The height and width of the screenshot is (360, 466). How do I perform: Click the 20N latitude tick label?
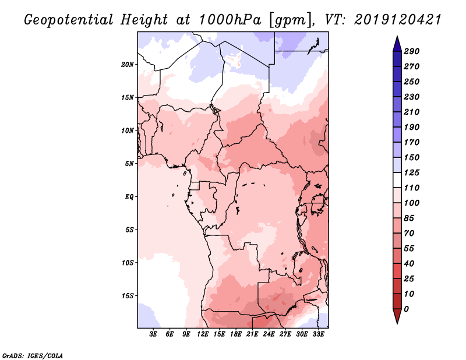tap(128, 64)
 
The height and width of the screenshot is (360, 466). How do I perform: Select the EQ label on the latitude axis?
tap(129, 196)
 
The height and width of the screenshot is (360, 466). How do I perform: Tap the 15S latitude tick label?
tap(128, 295)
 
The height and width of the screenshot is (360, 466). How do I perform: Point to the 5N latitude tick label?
tap(129, 163)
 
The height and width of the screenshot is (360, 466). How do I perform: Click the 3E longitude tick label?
tap(154, 334)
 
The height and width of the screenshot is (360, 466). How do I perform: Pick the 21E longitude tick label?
tap(252, 334)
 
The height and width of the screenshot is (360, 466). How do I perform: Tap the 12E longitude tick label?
tap(203, 334)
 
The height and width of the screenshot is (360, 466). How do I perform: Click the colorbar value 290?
tap(412, 51)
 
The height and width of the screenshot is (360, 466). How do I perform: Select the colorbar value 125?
tap(412, 172)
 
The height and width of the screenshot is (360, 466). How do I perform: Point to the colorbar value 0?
tap(406, 309)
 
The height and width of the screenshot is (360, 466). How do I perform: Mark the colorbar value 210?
tap(412, 112)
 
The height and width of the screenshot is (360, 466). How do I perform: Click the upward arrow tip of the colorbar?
tap(397, 37)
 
